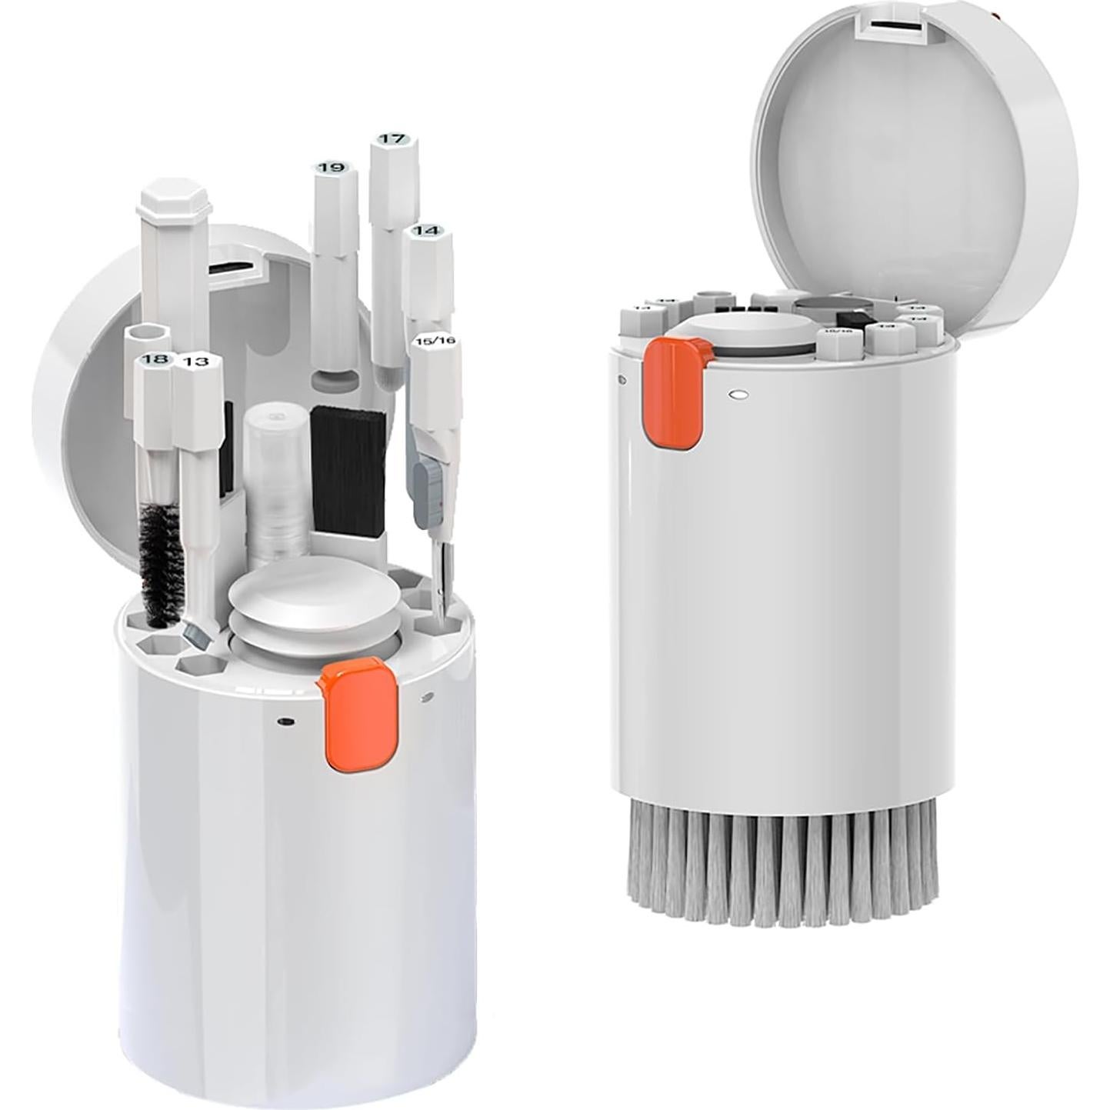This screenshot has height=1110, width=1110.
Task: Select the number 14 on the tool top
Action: coord(426,231)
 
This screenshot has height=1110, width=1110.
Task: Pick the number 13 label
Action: coord(197,362)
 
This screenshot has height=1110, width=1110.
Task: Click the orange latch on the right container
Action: coord(675,393)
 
